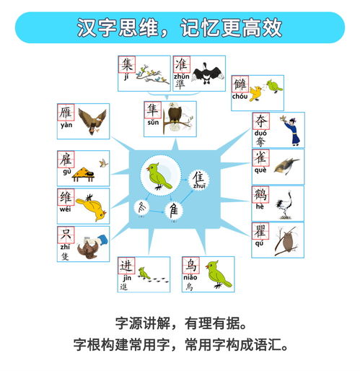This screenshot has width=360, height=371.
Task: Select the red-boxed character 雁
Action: tap(66, 113)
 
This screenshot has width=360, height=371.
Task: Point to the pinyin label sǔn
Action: tap(153, 122)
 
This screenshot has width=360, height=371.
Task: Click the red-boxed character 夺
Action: tap(260, 122)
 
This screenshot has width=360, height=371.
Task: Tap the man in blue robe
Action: tap(290, 130)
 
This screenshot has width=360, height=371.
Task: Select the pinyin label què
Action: tap(260, 170)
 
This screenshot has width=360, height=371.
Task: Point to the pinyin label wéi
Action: tap(66, 209)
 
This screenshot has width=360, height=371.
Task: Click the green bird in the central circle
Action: tap(159, 175)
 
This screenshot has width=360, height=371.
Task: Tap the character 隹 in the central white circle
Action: tap(198, 178)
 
